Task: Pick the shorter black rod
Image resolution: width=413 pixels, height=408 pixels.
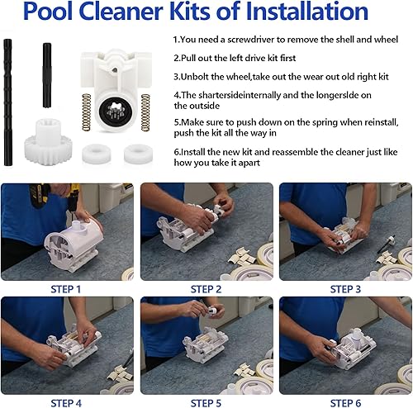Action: click(47, 75)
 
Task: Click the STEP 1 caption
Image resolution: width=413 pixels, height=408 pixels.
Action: click(66, 289)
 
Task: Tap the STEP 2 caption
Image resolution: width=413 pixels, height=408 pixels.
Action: click(206, 289)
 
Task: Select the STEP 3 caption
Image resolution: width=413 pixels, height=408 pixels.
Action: click(345, 289)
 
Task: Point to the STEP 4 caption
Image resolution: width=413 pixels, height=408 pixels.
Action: click(66, 402)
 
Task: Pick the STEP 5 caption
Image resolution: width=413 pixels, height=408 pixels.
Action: click(206, 402)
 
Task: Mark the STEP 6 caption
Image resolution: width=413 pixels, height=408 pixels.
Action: click(345, 402)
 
